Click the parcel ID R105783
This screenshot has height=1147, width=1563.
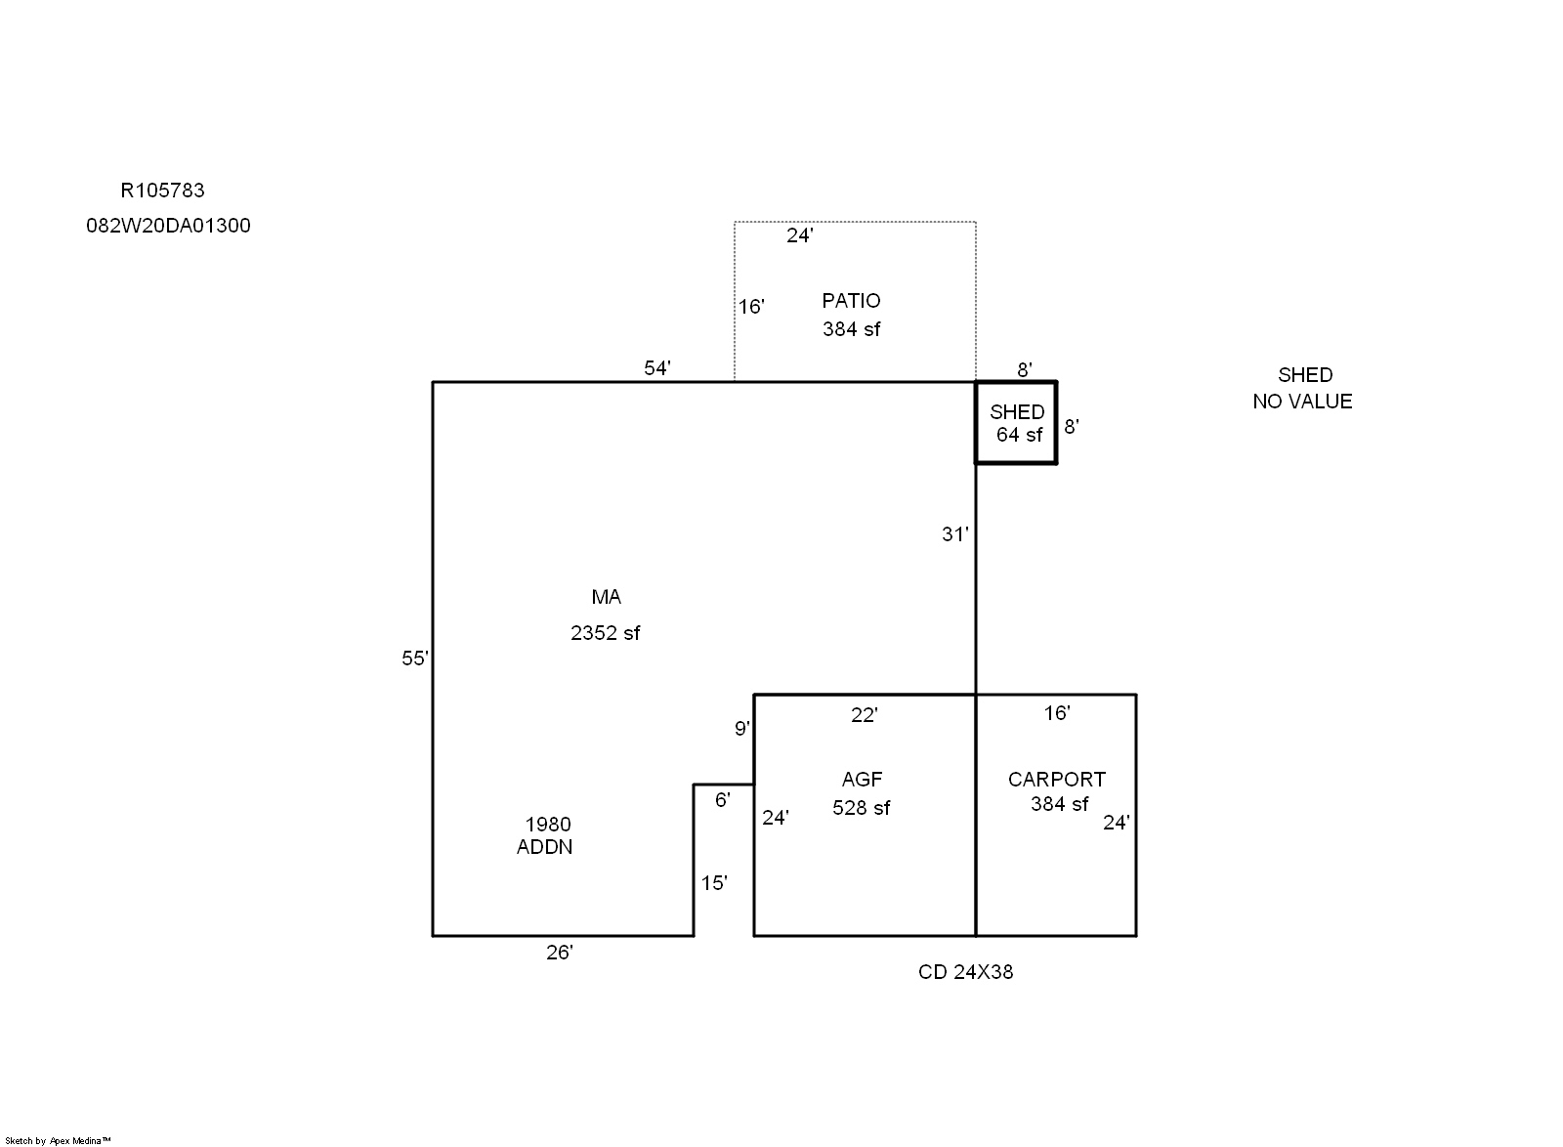(x=162, y=191)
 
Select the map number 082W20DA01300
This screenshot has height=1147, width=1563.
(x=168, y=226)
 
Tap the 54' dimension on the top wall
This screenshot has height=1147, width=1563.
(x=656, y=368)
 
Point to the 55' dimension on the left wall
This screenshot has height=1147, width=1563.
(x=414, y=658)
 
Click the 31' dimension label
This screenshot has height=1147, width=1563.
(x=954, y=534)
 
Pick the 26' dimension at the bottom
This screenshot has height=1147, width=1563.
(x=559, y=953)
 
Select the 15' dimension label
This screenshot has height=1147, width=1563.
(x=713, y=883)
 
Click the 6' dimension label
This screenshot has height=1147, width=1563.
(x=722, y=800)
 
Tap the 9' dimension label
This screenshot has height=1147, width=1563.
(x=742, y=729)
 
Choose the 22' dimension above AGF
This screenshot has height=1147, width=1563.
(x=864, y=715)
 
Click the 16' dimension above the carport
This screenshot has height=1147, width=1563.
(x=1056, y=713)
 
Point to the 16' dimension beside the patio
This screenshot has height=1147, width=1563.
(x=750, y=307)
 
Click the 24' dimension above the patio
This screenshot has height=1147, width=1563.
(x=799, y=235)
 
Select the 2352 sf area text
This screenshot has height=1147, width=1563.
(x=605, y=633)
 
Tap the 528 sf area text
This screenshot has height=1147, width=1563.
(x=861, y=808)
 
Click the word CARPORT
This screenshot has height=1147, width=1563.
(x=1056, y=780)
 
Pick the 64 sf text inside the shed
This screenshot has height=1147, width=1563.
(x=1019, y=435)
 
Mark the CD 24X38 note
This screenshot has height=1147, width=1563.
(x=965, y=972)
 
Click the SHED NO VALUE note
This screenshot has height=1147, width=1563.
(x=1302, y=388)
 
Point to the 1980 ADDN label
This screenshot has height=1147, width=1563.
(x=546, y=835)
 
